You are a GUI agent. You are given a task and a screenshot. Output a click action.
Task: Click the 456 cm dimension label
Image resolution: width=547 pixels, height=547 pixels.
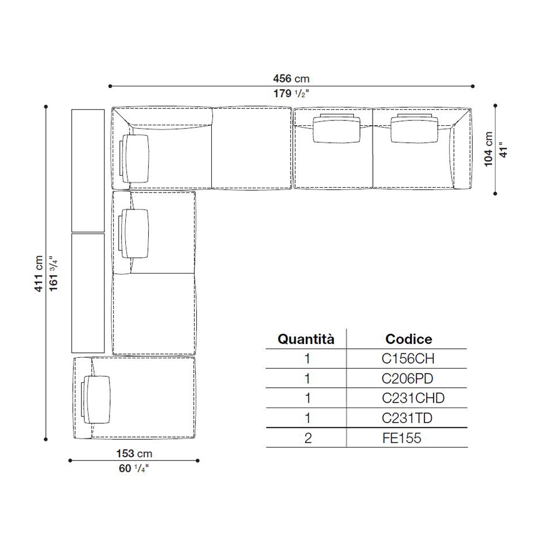click(291, 78)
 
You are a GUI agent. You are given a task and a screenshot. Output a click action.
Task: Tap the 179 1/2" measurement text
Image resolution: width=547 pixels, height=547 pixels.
click(291, 94)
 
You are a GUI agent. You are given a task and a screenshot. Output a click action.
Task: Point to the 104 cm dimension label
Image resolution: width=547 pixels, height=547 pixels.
click(488, 149)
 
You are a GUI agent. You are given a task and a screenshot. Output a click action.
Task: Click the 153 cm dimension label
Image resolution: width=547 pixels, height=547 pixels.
click(135, 453)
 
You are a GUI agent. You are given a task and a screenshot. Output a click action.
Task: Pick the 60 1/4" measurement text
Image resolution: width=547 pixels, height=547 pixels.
click(133, 468)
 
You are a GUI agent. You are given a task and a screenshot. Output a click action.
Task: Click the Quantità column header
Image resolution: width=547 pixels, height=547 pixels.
click(306, 339)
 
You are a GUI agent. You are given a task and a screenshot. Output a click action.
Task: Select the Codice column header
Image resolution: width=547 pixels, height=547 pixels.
click(409, 339)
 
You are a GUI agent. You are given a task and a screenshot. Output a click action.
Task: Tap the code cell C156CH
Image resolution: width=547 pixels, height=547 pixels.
click(408, 359)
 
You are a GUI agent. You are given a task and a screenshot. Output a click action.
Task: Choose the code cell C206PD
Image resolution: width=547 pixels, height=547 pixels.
click(407, 379)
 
